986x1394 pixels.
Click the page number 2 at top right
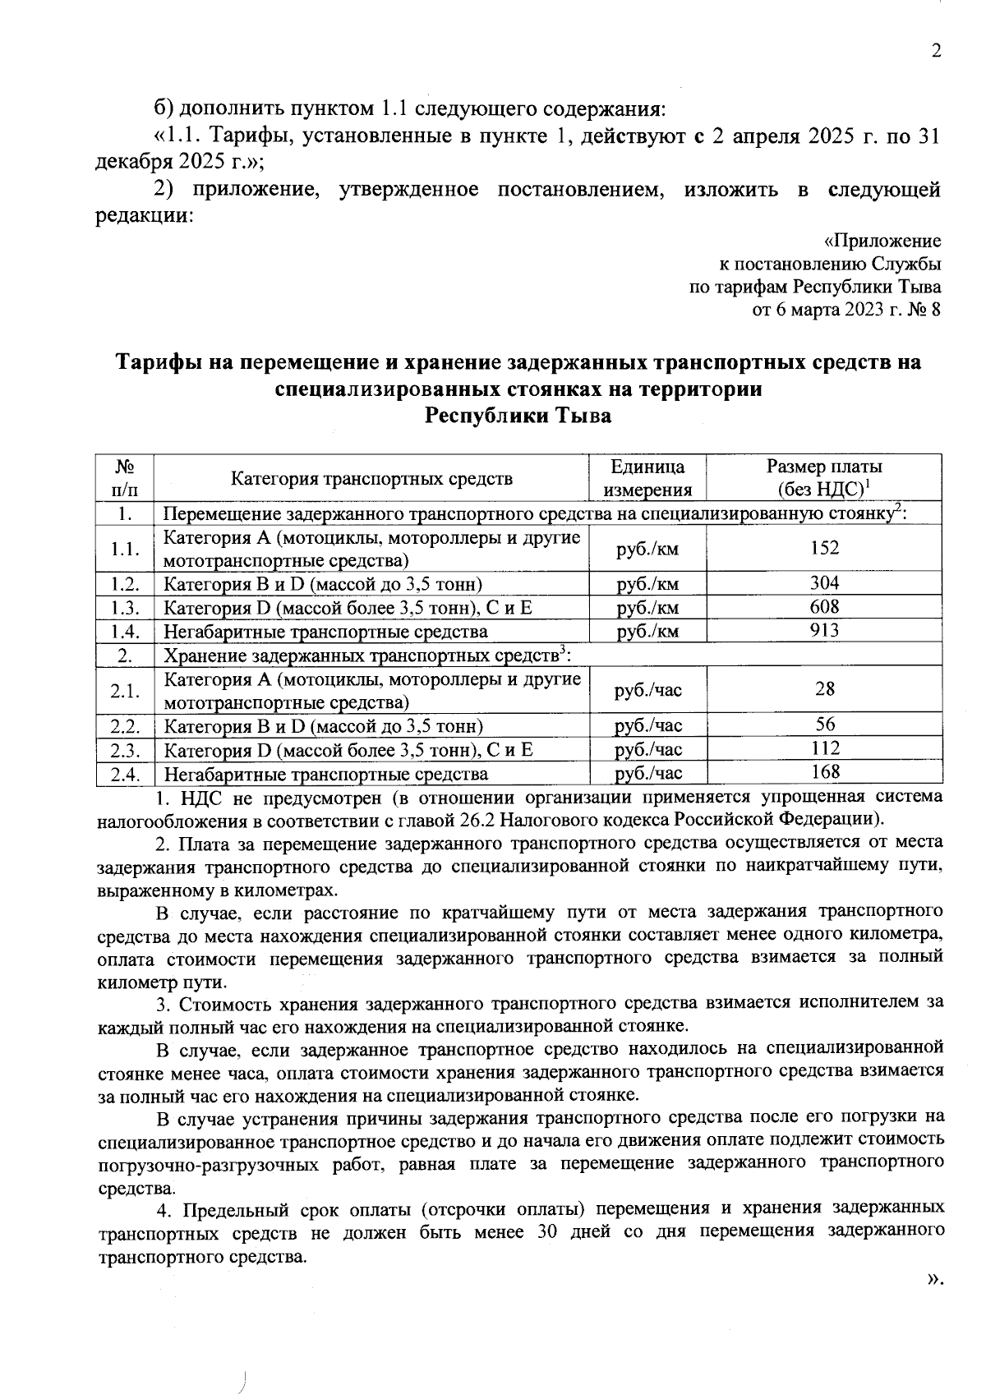935,51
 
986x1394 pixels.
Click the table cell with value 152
824,548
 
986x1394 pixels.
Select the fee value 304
824,583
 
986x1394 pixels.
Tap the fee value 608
824,607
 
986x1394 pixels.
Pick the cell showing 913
824,630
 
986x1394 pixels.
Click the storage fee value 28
824,689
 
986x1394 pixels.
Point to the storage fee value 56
824,725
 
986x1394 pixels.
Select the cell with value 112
824,748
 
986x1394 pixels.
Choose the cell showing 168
824,771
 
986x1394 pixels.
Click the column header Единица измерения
647,478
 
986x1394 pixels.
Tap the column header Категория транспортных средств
371,478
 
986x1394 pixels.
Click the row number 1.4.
126,632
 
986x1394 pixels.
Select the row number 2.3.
126,750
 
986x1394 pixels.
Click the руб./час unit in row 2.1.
647,690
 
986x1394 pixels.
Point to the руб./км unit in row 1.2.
647,584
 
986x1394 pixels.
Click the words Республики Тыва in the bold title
518,416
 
